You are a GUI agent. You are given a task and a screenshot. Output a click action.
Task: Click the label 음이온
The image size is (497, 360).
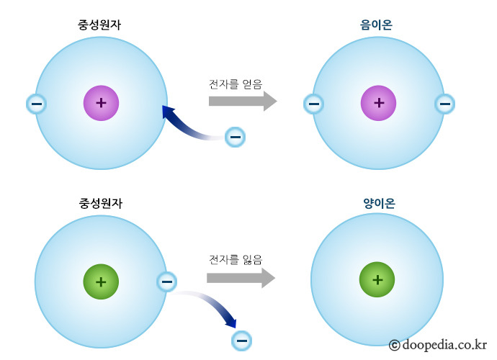pos(376,24)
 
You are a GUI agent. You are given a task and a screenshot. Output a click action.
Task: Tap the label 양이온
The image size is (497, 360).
pos(379,203)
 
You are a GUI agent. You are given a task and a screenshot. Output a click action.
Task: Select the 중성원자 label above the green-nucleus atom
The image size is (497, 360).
pos(99,203)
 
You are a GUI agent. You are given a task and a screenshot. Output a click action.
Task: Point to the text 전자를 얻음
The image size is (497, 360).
pos(236,82)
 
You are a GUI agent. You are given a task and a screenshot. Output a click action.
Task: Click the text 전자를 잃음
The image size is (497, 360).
pos(236,258)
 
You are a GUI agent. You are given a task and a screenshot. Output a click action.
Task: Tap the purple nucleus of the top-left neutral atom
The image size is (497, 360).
pos(101,103)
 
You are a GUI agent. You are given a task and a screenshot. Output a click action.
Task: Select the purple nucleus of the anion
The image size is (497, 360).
pos(379,103)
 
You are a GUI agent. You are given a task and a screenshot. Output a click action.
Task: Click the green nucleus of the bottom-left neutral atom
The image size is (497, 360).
pos(100,281)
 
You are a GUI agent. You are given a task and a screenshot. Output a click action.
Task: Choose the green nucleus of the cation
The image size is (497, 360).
pos(377,279)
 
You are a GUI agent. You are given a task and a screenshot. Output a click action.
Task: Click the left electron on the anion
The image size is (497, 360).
pos(313,104)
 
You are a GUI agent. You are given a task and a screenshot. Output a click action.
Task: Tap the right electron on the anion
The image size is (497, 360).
pos(444,104)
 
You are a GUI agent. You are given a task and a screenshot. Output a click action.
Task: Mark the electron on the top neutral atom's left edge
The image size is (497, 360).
pos(36,104)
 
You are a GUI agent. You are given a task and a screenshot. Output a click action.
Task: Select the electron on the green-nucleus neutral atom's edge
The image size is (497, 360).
pos(166,282)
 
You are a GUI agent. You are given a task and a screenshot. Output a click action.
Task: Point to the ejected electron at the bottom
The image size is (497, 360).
pos(241,339)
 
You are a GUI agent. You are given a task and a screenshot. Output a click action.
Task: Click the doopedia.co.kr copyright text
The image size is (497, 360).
pos(438,345)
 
